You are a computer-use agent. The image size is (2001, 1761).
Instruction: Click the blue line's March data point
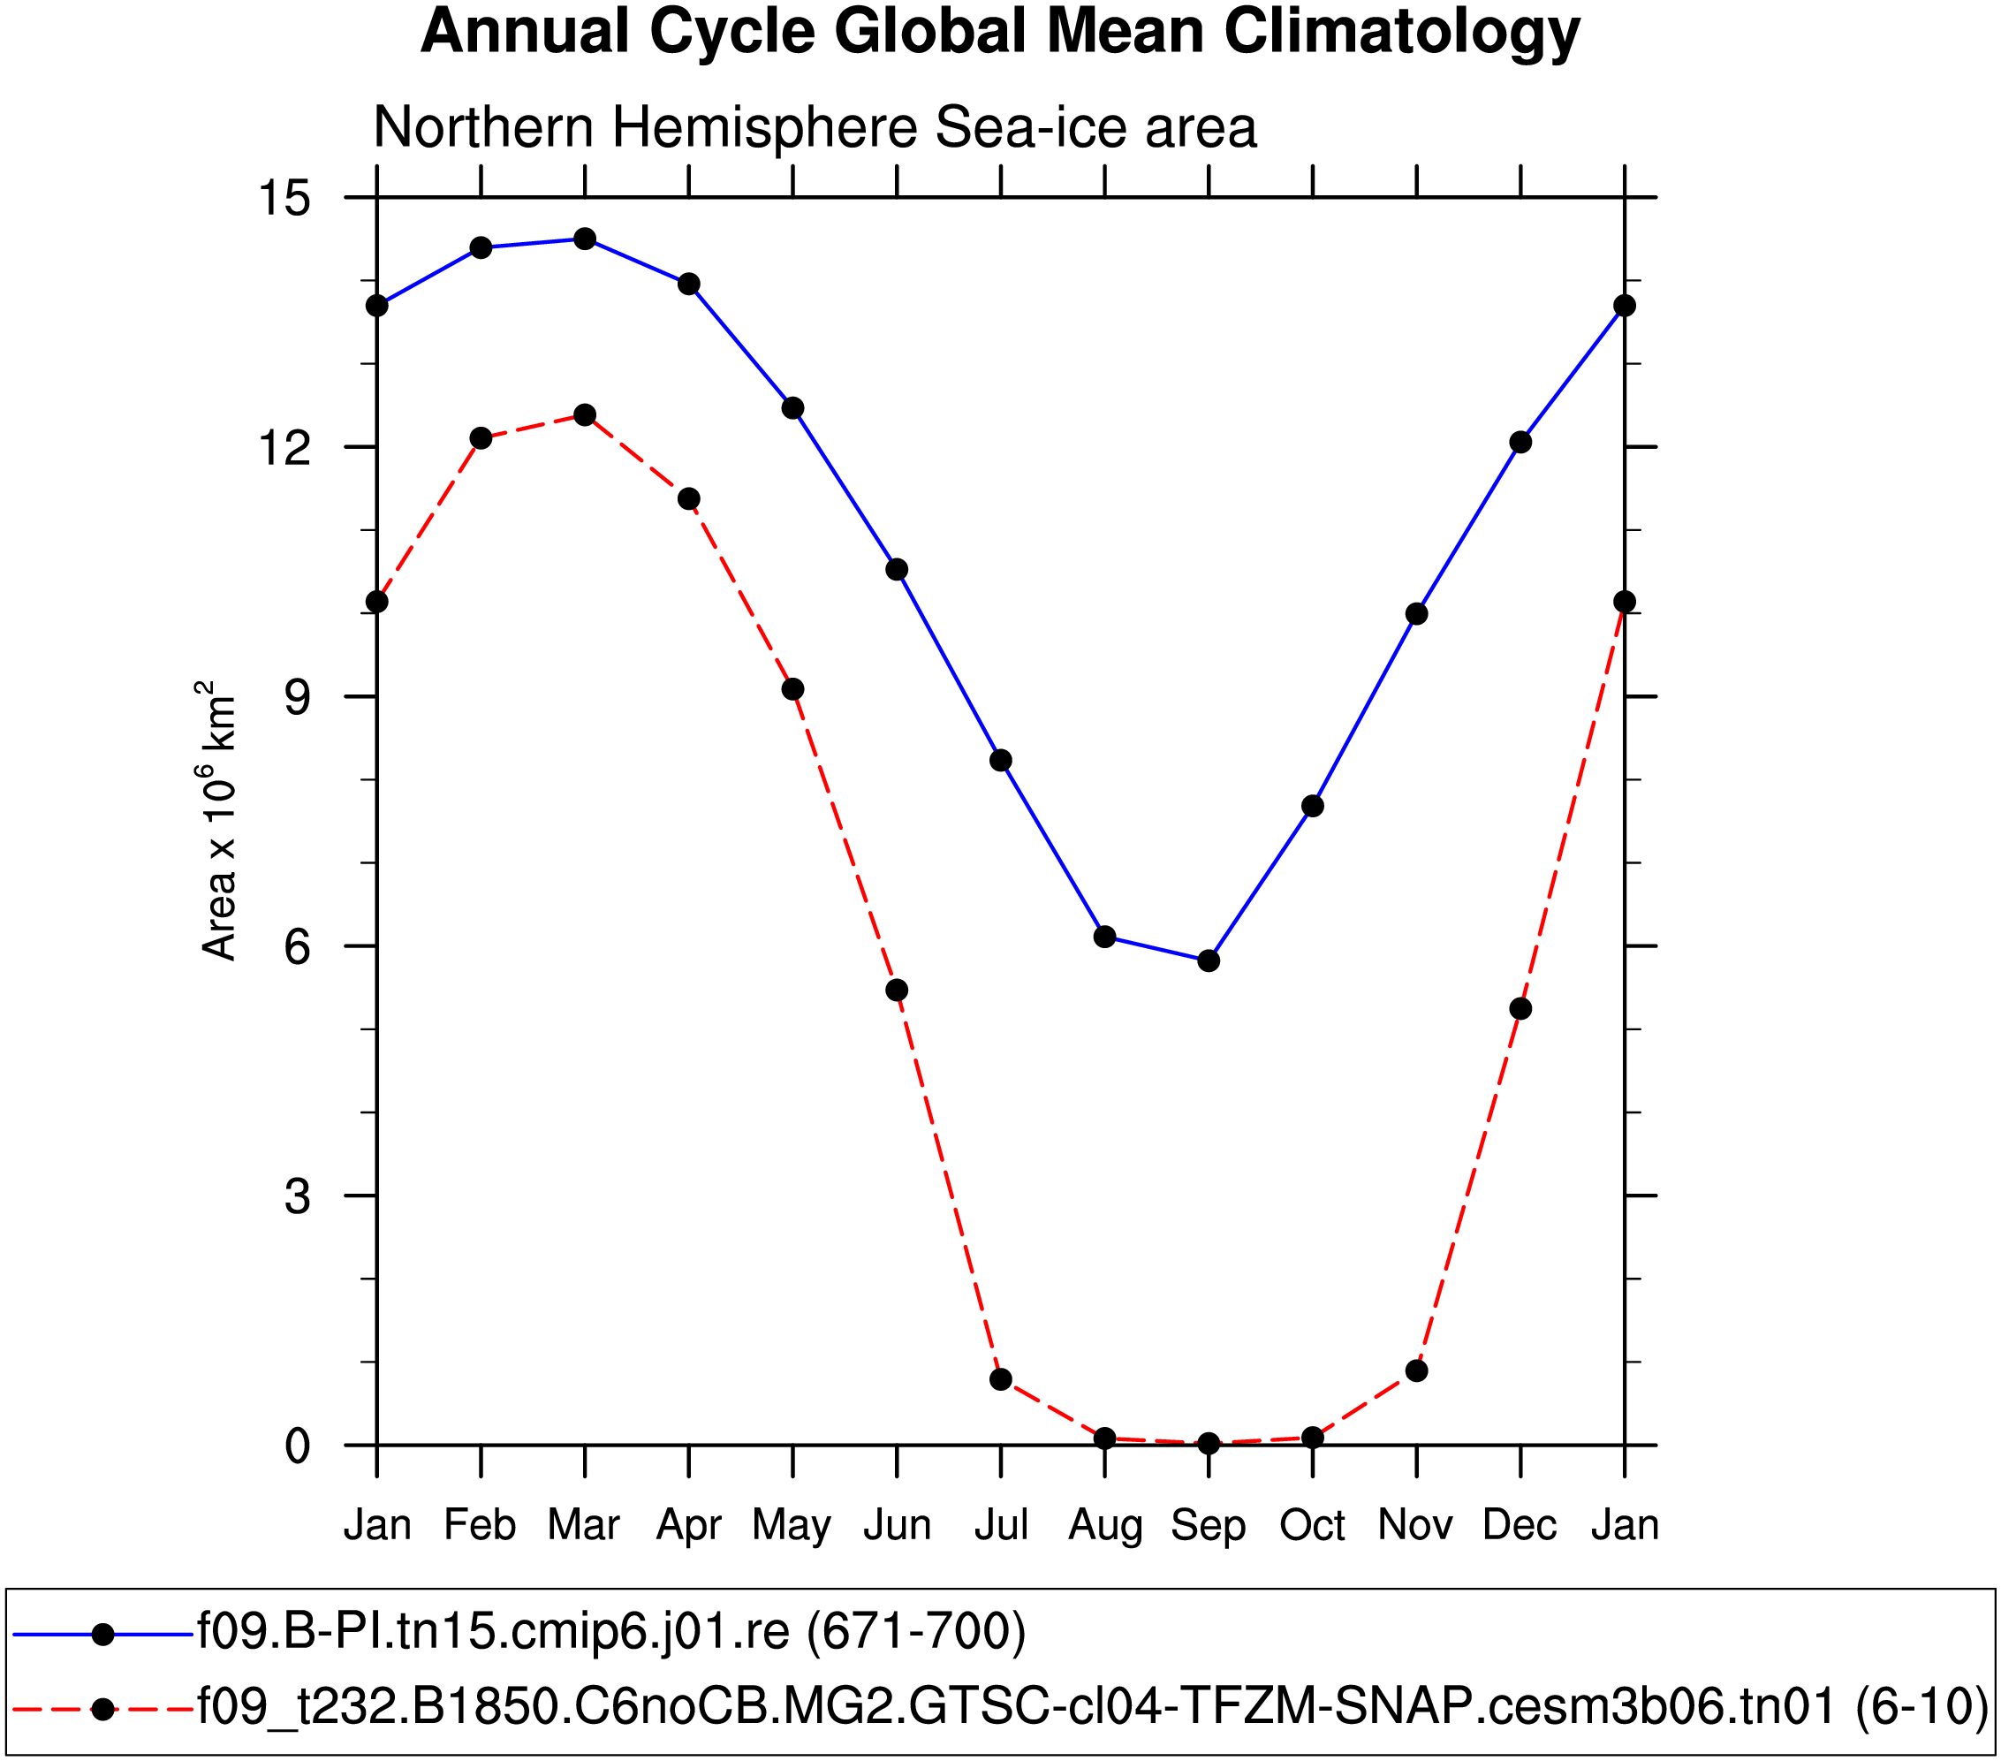(585, 239)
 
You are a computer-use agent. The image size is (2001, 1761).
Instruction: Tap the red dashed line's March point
(585, 415)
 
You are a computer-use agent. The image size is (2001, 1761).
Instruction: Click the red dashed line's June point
(897, 991)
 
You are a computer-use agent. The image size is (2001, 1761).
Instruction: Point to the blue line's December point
(1520, 443)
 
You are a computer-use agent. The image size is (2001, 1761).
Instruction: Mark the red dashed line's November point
(1416, 1371)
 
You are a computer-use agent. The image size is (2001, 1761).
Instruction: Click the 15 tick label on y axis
(283, 199)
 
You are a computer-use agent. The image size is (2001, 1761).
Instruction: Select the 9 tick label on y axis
(297, 697)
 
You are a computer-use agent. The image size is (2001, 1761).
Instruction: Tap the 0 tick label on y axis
(297, 1446)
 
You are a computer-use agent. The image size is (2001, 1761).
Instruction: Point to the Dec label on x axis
(1520, 1525)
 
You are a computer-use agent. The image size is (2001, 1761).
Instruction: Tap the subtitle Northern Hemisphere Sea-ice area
(815, 127)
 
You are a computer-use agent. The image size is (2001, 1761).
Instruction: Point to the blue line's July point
(1000, 761)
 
